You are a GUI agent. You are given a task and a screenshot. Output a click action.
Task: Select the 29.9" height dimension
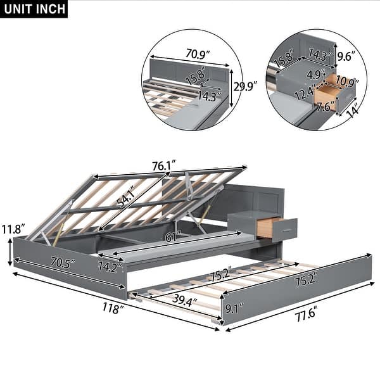pyautogui.click(x=245, y=86)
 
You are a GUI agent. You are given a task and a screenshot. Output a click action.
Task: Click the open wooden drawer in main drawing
pyautogui.click(x=277, y=227)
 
